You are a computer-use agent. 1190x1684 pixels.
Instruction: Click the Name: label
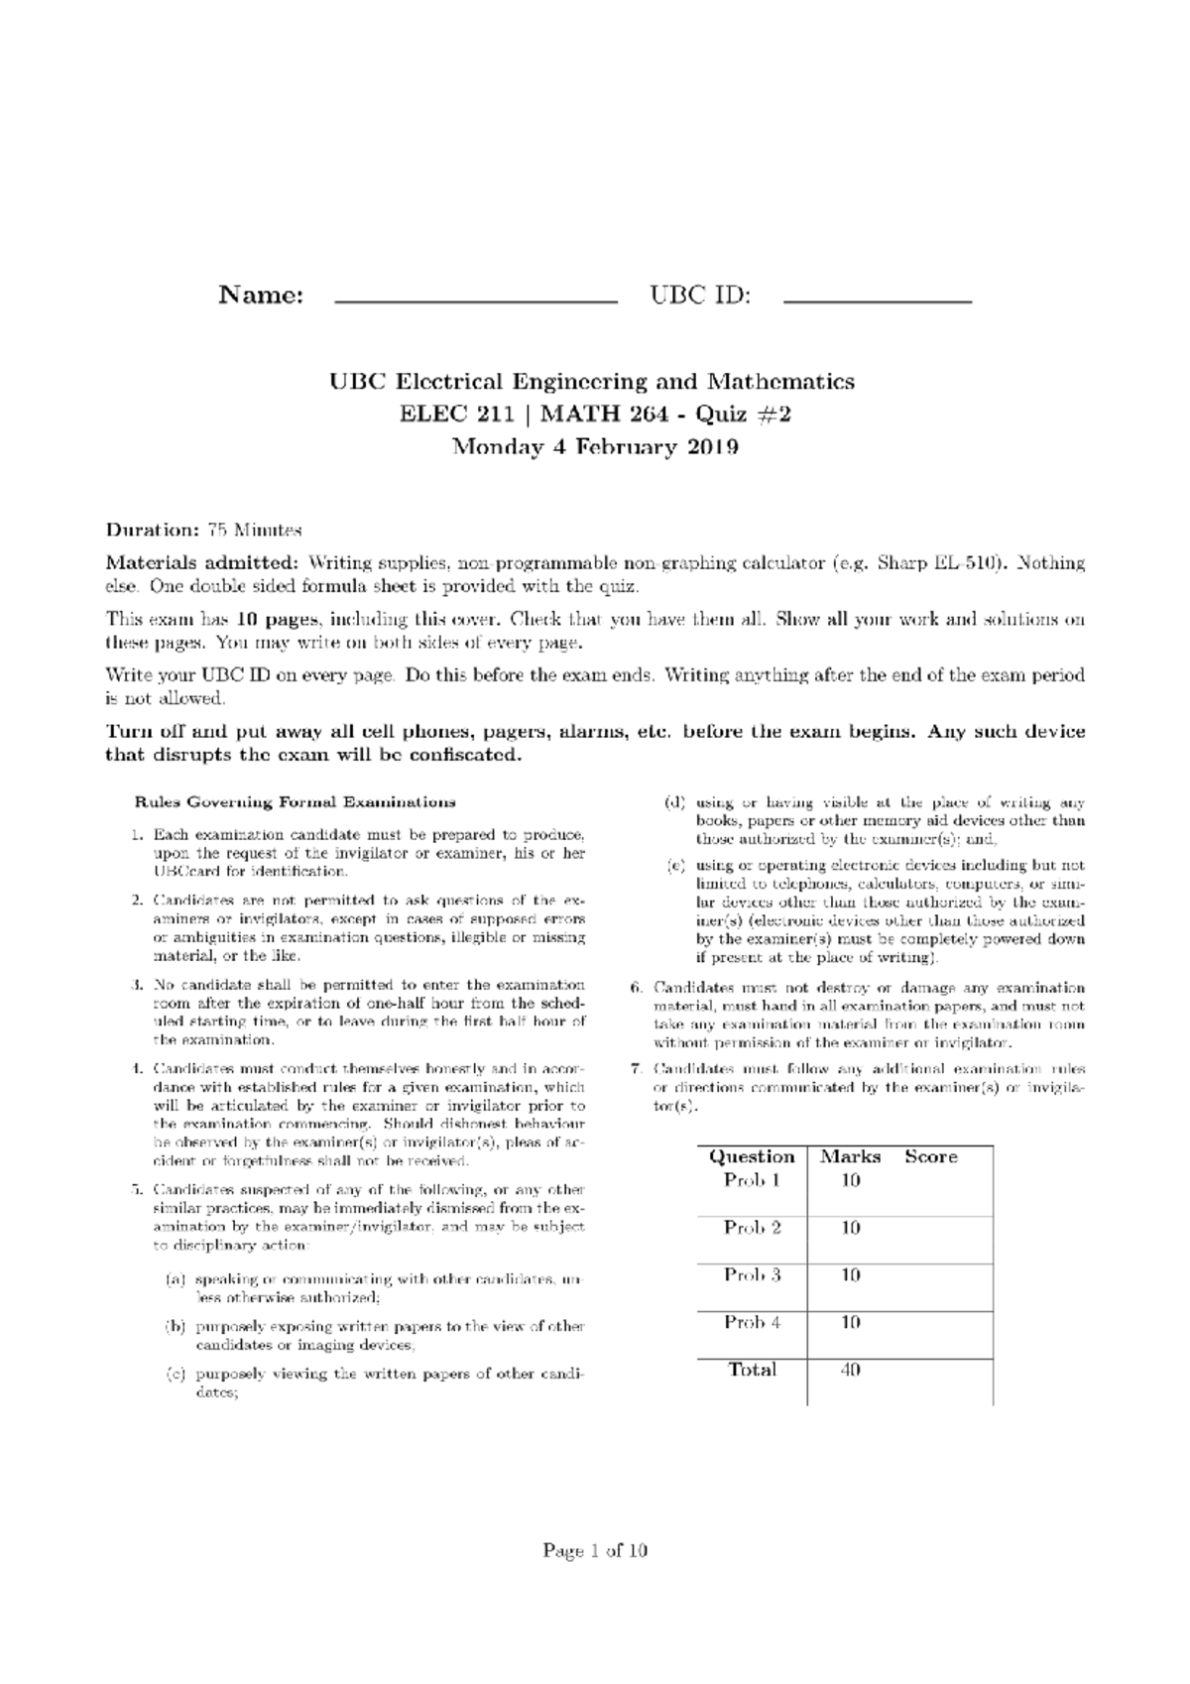click(261, 296)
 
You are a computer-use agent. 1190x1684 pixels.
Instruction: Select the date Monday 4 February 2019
click(595, 447)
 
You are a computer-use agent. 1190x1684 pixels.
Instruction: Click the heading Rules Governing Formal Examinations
click(296, 801)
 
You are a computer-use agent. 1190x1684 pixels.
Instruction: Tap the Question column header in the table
click(752, 1156)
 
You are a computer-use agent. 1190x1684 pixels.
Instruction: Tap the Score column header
click(930, 1156)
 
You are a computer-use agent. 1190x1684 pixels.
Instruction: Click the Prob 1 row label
click(752, 1180)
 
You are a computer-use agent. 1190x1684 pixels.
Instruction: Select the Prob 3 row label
click(752, 1274)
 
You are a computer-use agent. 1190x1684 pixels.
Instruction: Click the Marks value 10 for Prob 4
click(850, 1322)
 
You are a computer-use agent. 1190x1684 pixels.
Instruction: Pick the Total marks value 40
click(850, 1370)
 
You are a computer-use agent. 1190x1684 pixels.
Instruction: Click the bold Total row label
click(752, 1370)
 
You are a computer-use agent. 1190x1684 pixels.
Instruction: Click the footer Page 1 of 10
click(595, 1550)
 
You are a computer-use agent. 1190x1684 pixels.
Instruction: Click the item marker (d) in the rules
click(675, 803)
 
